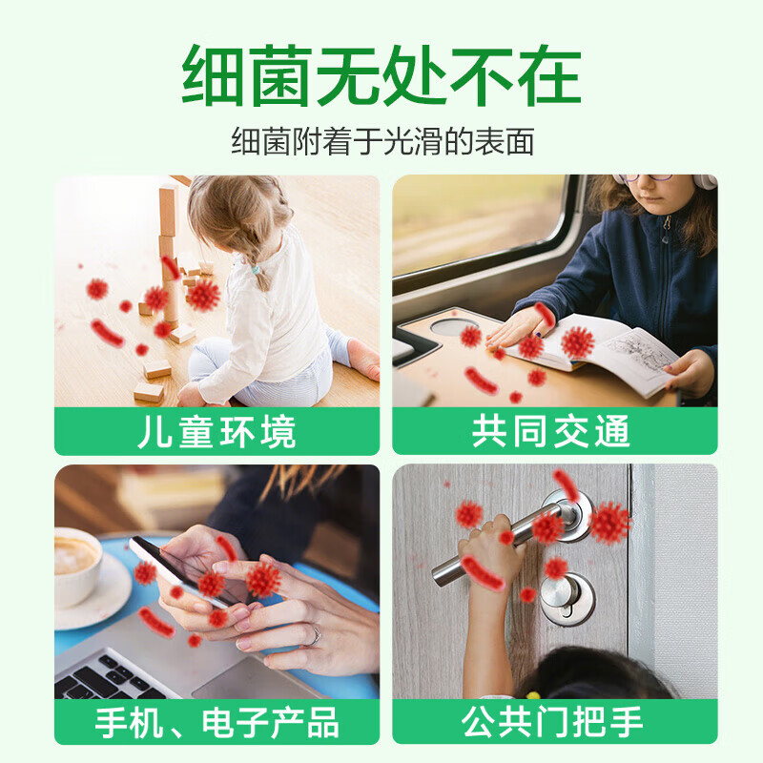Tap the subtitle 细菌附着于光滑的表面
[382, 141]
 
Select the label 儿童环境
[217, 432]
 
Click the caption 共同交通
[551, 431]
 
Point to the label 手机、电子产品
[217, 723]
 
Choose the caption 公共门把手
[552, 722]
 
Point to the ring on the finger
[317, 635]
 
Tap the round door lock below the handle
[567, 599]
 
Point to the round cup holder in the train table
[455, 326]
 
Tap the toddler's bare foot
[364, 358]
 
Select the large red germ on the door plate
[609, 523]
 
